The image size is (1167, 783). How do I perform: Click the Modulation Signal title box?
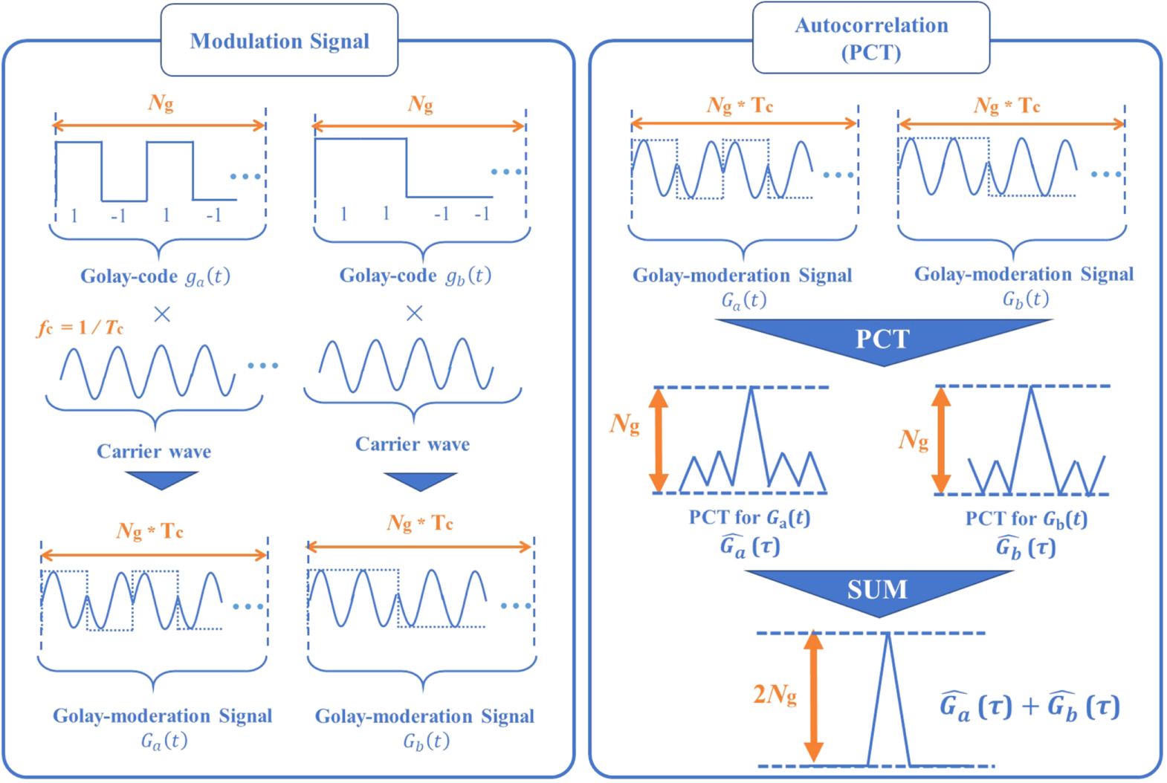[279, 41]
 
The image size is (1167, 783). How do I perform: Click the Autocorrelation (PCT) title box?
[871, 38]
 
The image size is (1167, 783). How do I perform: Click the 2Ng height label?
[775, 695]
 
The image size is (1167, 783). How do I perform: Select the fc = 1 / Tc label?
[80, 328]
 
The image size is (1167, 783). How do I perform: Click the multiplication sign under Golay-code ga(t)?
[162, 314]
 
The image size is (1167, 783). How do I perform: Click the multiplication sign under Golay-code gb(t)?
[415, 313]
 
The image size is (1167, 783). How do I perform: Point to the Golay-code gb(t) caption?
[415, 276]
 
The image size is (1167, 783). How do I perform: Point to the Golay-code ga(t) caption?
[155, 276]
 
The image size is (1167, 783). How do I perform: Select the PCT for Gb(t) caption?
[1026, 519]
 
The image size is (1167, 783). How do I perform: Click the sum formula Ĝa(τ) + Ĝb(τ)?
[1029, 706]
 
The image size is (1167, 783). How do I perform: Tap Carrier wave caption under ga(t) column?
[154, 452]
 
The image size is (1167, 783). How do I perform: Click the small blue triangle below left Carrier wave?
[161, 480]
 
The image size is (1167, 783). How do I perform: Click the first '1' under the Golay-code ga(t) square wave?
[74, 215]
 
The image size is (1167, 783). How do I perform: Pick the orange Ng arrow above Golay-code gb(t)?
[419, 126]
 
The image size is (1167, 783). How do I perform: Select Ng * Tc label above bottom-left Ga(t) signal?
[150, 531]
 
